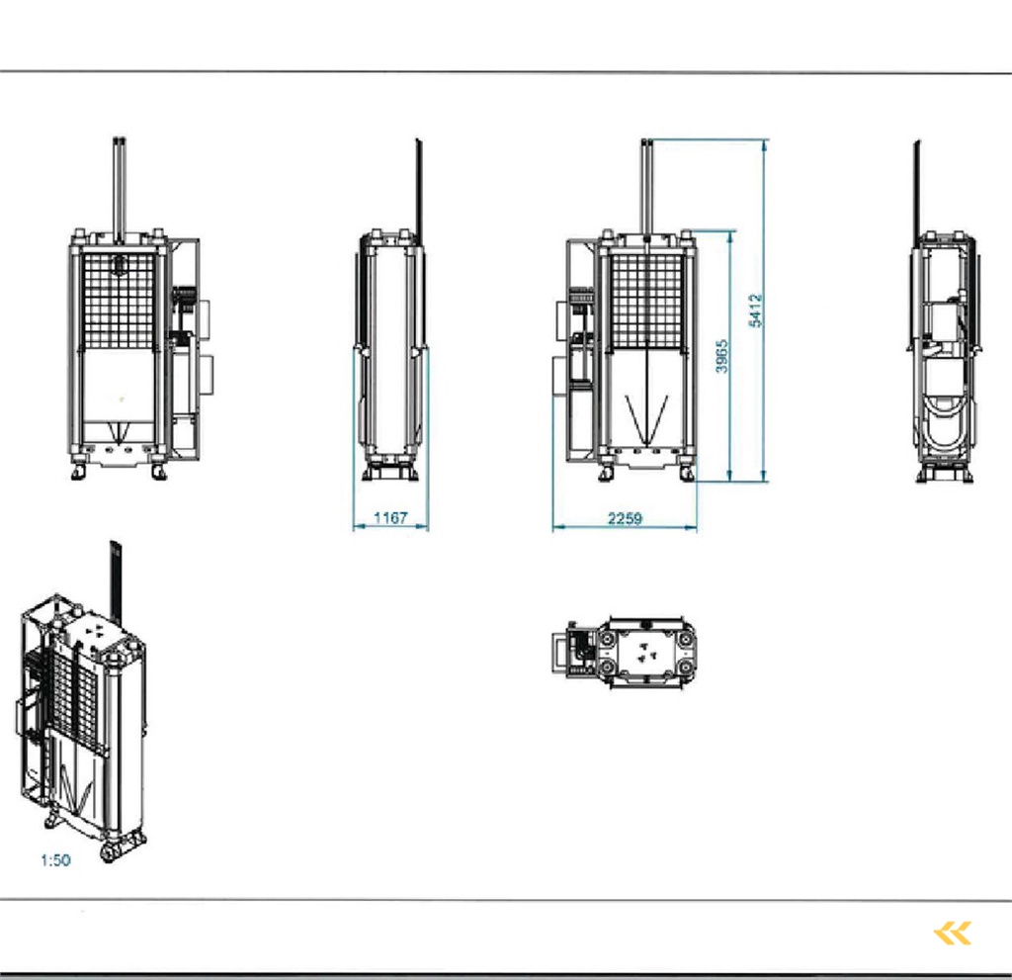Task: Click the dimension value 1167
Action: pos(390,518)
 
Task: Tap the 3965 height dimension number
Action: pos(723,356)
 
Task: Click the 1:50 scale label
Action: pos(55,860)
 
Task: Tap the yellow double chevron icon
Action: pos(953,933)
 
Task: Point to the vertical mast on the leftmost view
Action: pos(120,188)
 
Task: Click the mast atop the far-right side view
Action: pos(917,188)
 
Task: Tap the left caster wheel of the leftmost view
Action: pos(78,472)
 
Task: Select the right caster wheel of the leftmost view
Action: pos(159,472)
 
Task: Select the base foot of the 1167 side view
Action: pos(390,472)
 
